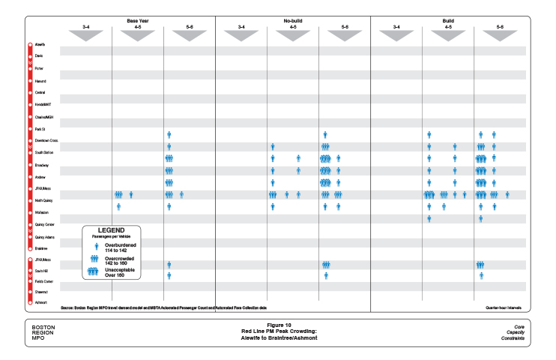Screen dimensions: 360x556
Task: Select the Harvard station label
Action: point(40,80)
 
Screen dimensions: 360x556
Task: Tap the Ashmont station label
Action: point(40,302)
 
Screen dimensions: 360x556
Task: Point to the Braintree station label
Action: point(41,247)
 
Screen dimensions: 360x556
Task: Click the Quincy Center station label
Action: point(44,224)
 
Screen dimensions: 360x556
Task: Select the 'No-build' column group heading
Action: point(293,20)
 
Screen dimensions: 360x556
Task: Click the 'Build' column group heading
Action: point(448,20)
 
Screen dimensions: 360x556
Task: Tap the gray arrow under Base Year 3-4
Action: point(85,34)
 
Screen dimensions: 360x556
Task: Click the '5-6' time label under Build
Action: point(500,27)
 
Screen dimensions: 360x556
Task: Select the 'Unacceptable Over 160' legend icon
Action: point(94,271)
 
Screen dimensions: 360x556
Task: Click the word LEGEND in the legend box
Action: point(111,229)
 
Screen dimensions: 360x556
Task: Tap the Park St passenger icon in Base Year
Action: point(169,135)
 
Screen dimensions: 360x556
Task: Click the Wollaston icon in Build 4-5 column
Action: point(429,218)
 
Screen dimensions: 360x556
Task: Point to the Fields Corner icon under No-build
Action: point(326,276)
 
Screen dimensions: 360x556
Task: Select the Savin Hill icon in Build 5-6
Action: point(480,265)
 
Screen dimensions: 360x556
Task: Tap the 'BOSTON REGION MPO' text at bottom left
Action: point(43,332)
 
